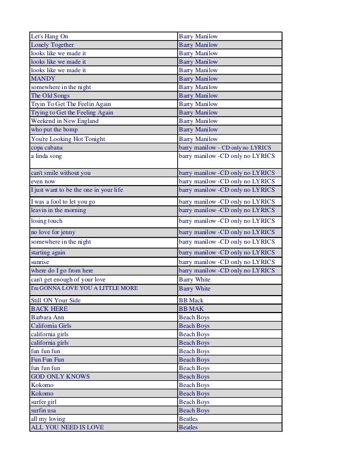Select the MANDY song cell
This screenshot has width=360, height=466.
point(43,78)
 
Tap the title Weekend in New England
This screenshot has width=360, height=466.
point(64,121)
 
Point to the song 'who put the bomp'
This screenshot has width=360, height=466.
point(54,129)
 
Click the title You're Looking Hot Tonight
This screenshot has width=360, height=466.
point(68,139)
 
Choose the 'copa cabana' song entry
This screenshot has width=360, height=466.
point(48,147)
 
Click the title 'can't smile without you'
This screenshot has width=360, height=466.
point(60,173)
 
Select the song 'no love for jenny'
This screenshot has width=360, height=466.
point(53,232)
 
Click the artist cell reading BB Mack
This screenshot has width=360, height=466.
point(191,300)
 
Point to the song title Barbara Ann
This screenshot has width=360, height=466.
point(47,317)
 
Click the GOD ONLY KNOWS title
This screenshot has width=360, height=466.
point(60,376)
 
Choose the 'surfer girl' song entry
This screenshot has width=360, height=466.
point(45,402)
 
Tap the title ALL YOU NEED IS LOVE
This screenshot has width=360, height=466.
point(67,427)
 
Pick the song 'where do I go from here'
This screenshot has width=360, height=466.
point(62,271)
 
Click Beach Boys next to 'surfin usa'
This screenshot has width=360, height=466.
point(194,410)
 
